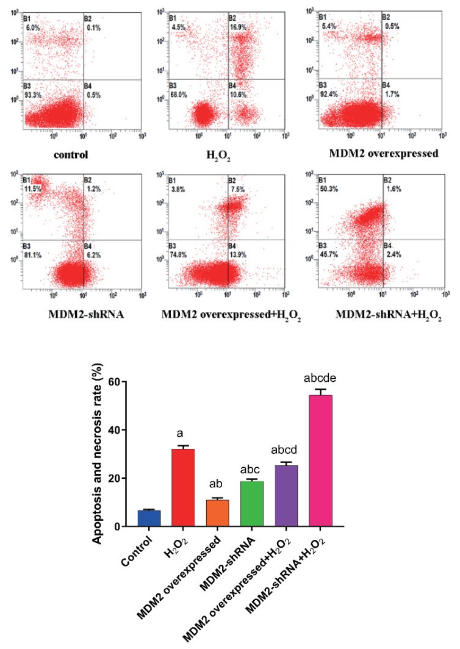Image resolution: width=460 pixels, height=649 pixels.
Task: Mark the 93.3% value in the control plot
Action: click(32, 94)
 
